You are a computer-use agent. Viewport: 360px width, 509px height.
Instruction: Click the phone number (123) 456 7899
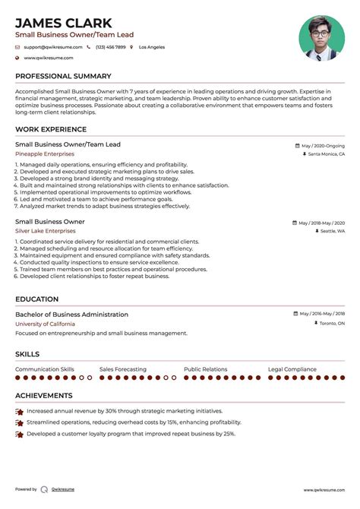click(x=110, y=47)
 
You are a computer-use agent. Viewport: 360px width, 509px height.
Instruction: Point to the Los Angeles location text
click(x=151, y=47)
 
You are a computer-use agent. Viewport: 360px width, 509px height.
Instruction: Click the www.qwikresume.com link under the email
click(x=48, y=58)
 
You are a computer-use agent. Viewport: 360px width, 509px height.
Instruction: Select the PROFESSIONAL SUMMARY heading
click(x=62, y=77)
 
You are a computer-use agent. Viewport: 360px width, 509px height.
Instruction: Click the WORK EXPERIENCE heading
click(x=51, y=130)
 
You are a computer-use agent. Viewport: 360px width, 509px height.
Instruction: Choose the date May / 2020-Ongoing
click(x=323, y=145)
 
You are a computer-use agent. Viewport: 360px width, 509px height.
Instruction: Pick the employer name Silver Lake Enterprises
click(x=50, y=231)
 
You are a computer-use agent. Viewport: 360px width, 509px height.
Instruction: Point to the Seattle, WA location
click(x=332, y=231)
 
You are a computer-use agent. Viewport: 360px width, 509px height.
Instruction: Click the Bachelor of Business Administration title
click(x=71, y=315)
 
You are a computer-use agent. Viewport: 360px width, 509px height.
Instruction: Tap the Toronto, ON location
click(x=331, y=324)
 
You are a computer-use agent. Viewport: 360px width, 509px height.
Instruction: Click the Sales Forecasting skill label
click(x=123, y=369)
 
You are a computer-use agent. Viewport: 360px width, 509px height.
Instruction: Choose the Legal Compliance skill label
click(x=292, y=369)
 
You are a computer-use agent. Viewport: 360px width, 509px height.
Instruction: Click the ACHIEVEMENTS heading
click(x=44, y=396)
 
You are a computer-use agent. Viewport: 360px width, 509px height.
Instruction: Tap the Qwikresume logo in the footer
click(x=45, y=490)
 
